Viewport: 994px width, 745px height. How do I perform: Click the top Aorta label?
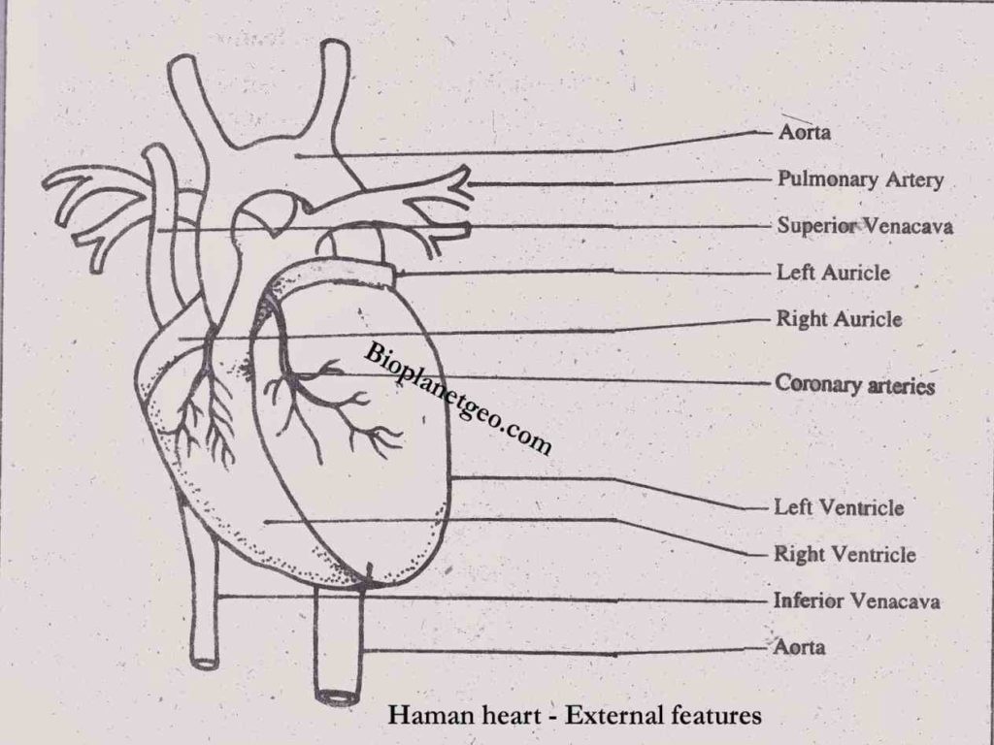pos(804,133)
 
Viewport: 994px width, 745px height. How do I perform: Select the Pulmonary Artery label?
pos(860,179)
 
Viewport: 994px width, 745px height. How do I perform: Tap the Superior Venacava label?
pos(864,226)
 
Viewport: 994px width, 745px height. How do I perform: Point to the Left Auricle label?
pos(833,273)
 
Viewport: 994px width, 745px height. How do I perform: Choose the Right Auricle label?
pos(839,319)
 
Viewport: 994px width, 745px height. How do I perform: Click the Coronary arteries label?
pos(854,385)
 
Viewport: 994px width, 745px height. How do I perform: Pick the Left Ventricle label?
pos(838,507)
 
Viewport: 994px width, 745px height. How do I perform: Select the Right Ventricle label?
pos(844,555)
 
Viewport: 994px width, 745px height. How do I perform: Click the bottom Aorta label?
pos(800,646)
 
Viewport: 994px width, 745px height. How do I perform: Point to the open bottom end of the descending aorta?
pos(338,695)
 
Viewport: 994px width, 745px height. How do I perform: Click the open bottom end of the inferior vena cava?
pos(205,663)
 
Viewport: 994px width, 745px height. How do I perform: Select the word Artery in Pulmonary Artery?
pos(914,179)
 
